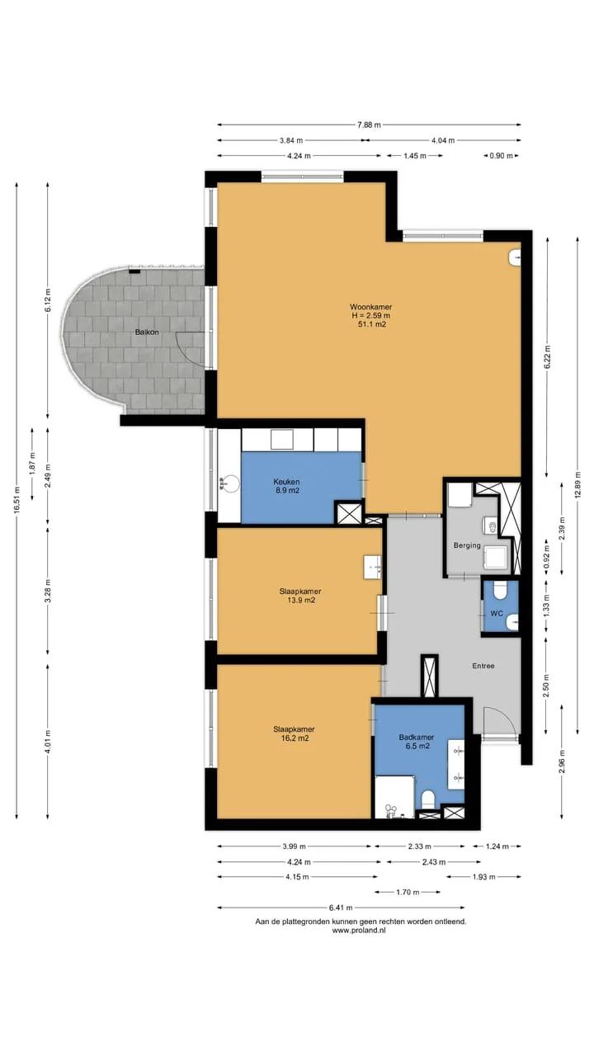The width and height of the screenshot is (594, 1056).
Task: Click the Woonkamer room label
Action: click(x=370, y=307)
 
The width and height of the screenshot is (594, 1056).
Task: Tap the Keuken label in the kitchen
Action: click(x=286, y=482)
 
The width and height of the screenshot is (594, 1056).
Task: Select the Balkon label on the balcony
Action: click(x=147, y=332)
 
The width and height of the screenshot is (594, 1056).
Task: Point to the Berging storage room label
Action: click(x=467, y=545)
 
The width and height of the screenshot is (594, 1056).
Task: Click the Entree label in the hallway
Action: click(x=483, y=666)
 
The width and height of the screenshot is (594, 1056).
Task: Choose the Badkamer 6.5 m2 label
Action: click(x=417, y=742)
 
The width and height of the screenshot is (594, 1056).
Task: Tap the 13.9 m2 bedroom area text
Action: click(x=301, y=600)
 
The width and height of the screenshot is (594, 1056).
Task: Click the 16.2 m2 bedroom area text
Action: click(x=295, y=738)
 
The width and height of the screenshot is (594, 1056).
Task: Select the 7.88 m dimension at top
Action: click(x=369, y=125)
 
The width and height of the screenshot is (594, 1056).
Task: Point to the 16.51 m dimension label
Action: click(x=16, y=500)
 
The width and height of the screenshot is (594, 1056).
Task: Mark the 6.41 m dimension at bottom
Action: click(x=341, y=907)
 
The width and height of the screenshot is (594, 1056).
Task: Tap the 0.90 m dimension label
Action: click(x=501, y=156)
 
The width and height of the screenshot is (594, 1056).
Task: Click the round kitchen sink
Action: click(x=231, y=483)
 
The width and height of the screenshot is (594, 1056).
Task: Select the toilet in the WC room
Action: click(x=500, y=590)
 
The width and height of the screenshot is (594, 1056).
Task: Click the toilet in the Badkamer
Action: click(x=427, y=798)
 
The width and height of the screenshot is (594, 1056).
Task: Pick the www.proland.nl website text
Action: click(x=359, y=930)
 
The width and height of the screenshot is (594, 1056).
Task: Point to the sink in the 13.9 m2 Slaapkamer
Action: click(x=372, y=567)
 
